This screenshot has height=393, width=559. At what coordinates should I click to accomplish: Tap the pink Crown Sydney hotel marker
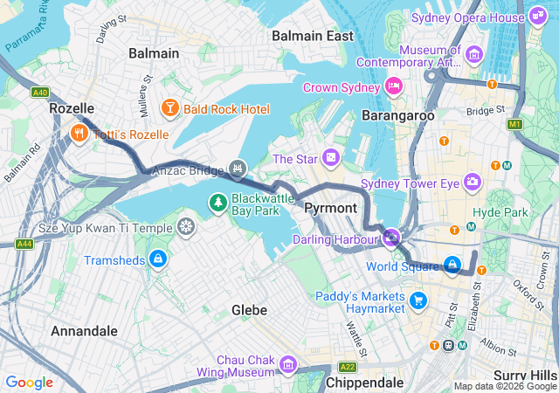(394, 86)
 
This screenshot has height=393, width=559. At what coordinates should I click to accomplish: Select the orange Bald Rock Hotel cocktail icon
(169, 108)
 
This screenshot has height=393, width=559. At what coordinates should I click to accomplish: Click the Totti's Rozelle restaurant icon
(79, 134)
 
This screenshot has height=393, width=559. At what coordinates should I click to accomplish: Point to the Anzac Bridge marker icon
(237, 168)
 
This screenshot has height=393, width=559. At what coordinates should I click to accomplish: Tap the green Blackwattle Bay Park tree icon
(217, 203)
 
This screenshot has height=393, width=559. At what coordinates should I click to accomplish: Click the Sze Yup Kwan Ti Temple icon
(186, 228)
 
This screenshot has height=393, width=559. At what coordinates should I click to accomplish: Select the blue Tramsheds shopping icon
(158, 259)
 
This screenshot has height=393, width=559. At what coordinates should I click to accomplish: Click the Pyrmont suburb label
(331, 208)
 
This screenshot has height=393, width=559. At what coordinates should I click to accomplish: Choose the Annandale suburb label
(84, 331)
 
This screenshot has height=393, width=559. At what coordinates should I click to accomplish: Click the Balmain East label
(312, 36)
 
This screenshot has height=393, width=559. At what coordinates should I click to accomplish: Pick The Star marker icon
(331, 158)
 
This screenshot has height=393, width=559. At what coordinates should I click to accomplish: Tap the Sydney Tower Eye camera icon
(473, 182)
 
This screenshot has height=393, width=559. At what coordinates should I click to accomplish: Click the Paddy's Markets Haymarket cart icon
(418, 300)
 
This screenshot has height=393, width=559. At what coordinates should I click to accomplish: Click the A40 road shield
(40, 92)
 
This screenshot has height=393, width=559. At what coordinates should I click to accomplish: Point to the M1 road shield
(514, 125)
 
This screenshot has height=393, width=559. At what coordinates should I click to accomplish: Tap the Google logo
(30, 383)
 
